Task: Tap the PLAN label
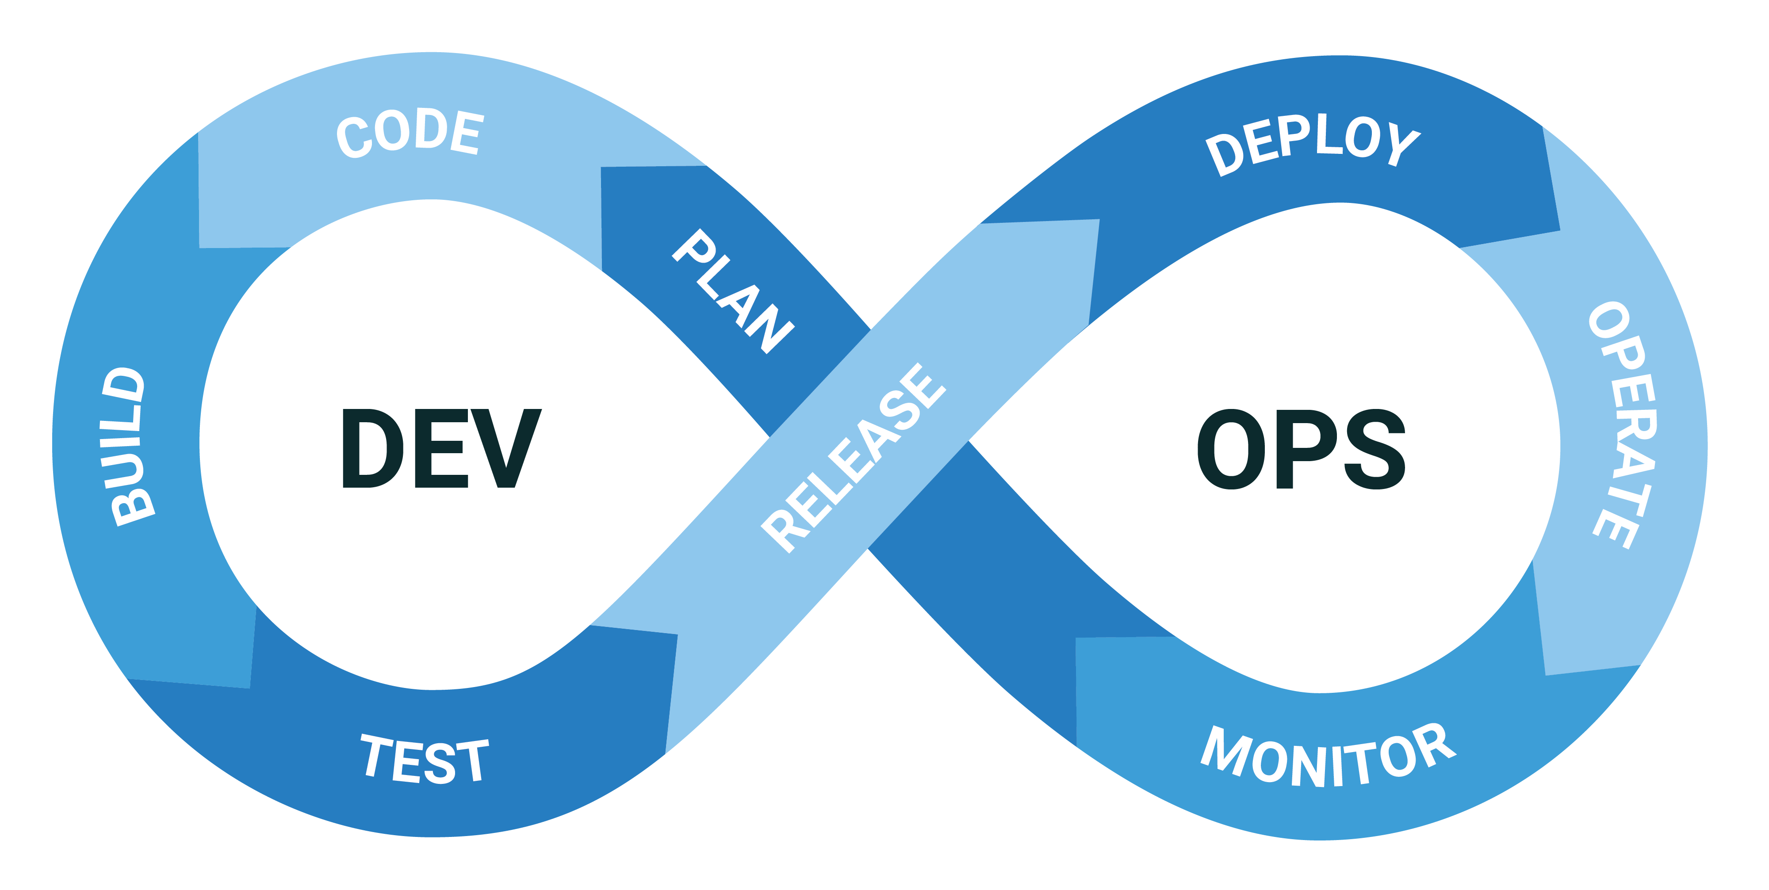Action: click(x=733, y=291)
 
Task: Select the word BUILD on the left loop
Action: click(x=128, y=447)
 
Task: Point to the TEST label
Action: click(x=425, y=760)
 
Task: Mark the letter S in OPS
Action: click(x=1374, y=450)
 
